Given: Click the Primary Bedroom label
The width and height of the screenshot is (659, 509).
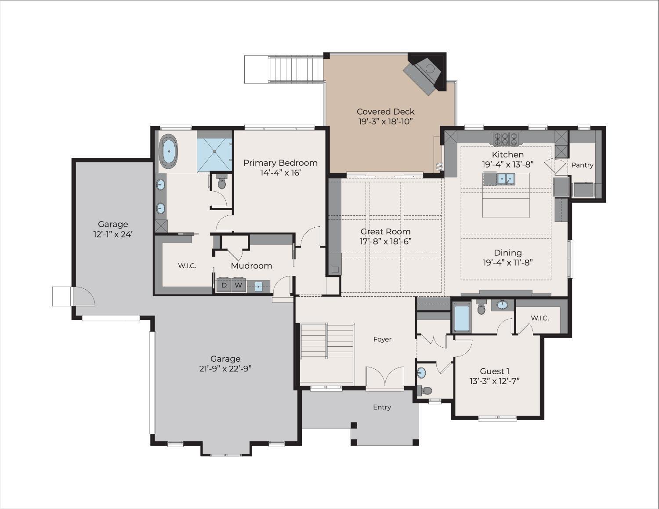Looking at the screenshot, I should pyautogui.click(x=280, y=163).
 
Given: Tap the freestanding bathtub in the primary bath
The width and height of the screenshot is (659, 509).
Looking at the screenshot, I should pyautogui.click(x=169, y=151).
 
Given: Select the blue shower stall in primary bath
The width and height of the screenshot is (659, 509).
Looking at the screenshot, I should pyautogui.click(x=214, y=151).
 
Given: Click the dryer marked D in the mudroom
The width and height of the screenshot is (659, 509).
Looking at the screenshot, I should pyautogui.click(x=224, y=285).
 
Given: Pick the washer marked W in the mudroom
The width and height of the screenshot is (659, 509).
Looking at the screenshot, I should pyautogui.click(x=238, y=285).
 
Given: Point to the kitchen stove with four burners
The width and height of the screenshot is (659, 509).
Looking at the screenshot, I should pyautogui.click(x=506, y=138).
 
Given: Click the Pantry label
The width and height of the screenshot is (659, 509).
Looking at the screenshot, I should pyautogui.click(x=582, y=165).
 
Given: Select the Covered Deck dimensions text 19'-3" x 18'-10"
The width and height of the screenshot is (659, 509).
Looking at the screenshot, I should pyautogui.click(x=385, y=122).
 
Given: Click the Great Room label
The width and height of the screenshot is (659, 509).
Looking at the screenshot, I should pyautogui.click(x=385, y=231).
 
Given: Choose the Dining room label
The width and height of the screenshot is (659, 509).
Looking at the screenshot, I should pyautogui.click(x=507, y=252).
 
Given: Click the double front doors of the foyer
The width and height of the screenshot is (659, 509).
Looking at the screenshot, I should pyautogui.click(x=385, y=377).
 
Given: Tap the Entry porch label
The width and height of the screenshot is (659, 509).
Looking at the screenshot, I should pyautogui.click(x=382, y=407).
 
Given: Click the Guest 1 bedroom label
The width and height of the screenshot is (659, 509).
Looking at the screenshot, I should pyautogui.click(x=494, y=371).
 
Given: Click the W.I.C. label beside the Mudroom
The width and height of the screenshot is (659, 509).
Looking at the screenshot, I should pyautogui.click(x=187, y=265).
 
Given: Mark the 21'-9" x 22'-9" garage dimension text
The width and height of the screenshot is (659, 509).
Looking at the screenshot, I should pyautogui.click(x=225, y=369).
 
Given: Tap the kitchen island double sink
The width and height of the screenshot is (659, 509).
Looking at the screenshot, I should pyautogui.click(x=505, y=178).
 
